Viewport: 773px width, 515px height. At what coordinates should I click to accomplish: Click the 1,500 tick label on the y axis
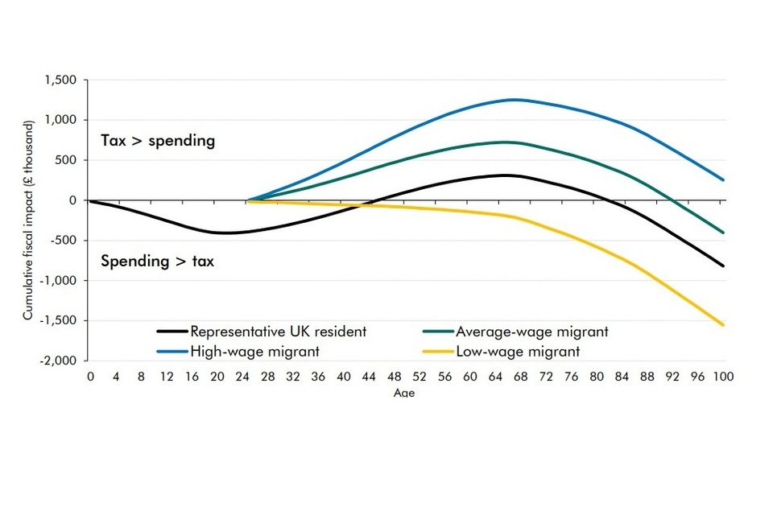click(61, 80)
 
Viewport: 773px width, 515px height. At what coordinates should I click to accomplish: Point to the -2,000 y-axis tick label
click(59, 360)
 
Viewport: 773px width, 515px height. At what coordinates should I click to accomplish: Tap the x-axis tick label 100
click(723, 377)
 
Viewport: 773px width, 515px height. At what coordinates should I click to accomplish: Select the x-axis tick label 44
click(369, 377)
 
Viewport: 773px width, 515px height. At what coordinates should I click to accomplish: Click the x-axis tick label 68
click(521, 377)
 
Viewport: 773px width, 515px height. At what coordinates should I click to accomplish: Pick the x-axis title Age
click(404, 393)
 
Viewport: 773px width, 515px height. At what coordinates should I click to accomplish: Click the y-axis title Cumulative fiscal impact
click(28, 220)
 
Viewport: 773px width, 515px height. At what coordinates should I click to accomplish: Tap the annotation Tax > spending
click(159, 141)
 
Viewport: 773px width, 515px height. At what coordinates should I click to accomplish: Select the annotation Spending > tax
click(158, 261)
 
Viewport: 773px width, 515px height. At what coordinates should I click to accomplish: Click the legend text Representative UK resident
click(279, 332)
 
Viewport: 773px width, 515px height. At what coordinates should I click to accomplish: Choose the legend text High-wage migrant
click(255, 352)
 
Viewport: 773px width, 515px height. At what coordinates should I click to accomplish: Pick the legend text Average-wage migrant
click(532, 332)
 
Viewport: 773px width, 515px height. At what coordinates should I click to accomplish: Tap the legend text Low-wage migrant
click(518, 352)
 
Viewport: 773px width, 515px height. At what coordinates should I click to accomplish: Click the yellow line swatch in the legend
click(438, 352)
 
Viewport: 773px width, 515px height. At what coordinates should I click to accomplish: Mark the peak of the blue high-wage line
click(515, 100)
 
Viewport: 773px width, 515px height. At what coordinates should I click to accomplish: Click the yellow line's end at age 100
click(723, 325)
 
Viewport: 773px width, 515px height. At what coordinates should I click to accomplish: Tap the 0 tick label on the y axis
click(72, 200)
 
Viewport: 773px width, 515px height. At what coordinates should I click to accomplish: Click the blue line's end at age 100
click(723, 180)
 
